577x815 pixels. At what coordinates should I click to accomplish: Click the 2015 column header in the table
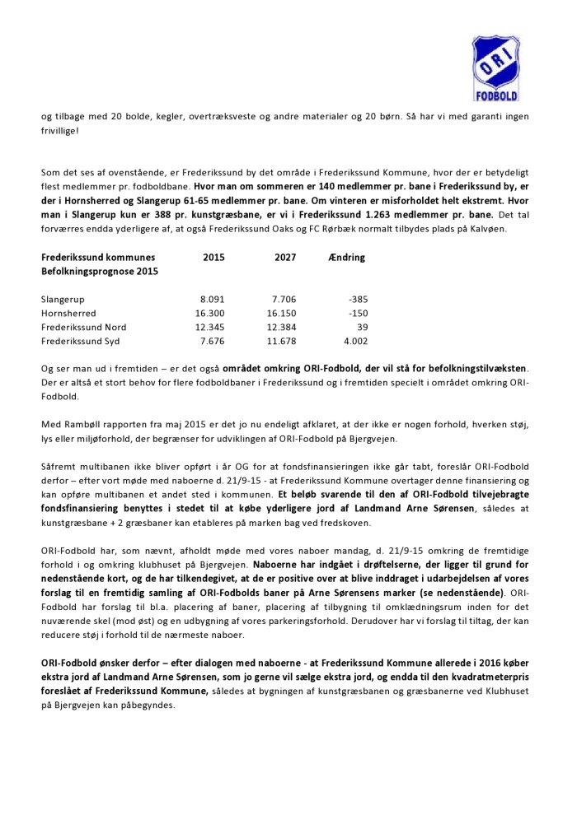coord(213,258)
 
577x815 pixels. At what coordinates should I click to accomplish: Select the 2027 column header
coord(285,258)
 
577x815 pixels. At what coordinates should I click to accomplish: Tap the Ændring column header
coord(347,258)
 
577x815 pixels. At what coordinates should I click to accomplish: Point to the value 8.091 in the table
coord(213,300)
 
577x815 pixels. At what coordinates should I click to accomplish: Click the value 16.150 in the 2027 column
coord(282,314)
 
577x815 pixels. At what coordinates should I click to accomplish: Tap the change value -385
coord(355,300)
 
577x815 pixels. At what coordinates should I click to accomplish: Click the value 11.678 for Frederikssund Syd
coord(282,340)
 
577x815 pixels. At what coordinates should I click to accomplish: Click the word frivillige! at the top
coord(63,130)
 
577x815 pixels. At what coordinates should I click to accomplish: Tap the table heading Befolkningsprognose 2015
coord(100,271)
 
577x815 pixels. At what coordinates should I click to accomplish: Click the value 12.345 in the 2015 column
coord(210,327)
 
